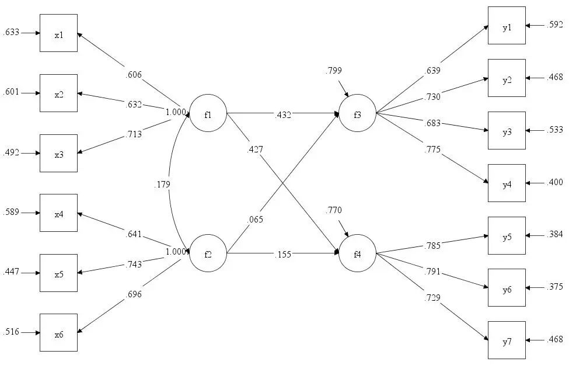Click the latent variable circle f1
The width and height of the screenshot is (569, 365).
pos(208,113)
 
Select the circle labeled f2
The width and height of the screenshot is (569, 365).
pos(208,253)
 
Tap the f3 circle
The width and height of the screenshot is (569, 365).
pos(357,113)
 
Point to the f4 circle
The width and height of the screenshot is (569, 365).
pos(357,253)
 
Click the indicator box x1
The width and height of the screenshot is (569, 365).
pos(58,33)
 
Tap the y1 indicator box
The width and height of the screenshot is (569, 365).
pos(507,25)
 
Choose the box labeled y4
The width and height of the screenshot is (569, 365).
pos(507,183)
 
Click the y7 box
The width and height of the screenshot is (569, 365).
pos(507,340)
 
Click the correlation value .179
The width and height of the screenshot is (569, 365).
pos(163,185)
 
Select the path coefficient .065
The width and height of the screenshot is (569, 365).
pos(254,220)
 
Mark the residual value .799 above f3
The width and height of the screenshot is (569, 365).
pos(334,71)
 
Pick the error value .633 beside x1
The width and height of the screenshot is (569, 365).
pos(12,33)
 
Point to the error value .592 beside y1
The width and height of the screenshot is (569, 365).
pos(554,25)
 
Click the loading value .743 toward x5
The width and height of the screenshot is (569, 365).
pos(134,264)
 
